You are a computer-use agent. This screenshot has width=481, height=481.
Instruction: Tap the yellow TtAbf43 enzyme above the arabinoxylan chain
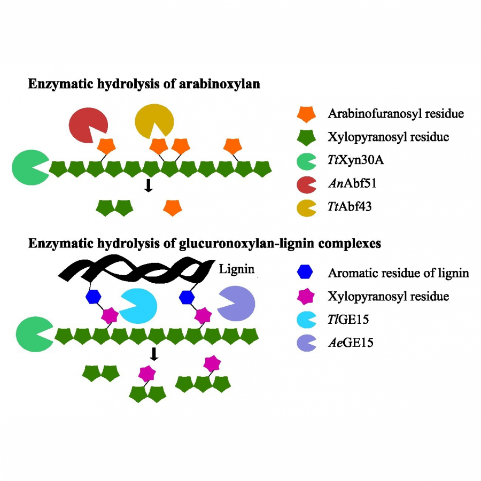(x=153, y=121)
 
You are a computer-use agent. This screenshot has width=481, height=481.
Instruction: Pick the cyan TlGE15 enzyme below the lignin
(x=137, y=306)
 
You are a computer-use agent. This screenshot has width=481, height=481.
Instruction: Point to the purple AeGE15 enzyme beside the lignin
(x=236, y=303)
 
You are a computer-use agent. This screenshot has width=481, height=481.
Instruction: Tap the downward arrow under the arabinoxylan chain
(x=149, y=185)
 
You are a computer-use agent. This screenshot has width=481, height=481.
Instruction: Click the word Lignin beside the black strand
(x=236, y=267)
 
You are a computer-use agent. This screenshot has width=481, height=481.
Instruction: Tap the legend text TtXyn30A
(x=353, y=160)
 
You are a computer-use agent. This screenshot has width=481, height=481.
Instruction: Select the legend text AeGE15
(x=351, y=343)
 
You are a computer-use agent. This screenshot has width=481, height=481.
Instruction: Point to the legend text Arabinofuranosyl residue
(x=395, y=114)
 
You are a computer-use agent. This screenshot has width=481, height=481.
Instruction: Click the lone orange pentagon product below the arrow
(x=172, y=207)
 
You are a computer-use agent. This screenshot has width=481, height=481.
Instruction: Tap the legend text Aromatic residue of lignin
(x=398, y=273)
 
